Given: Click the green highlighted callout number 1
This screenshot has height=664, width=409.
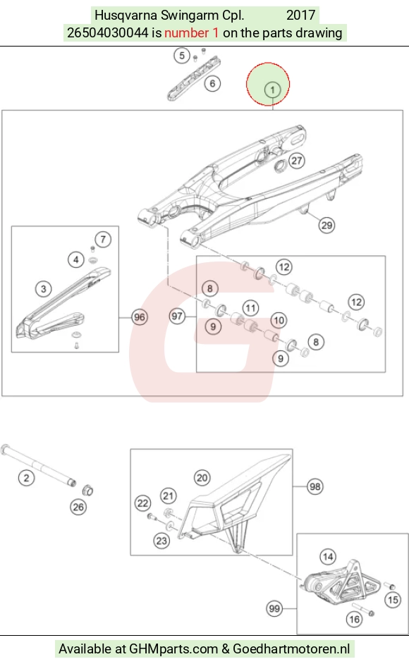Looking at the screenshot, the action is tap(272, 90).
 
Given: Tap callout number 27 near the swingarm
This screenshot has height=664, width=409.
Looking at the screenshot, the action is tap(297, 161).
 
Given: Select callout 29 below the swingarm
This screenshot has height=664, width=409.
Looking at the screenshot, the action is tap(326, 225).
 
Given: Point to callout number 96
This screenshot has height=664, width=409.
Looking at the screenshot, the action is tap(139, 316).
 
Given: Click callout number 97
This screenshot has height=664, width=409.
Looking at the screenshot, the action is tap(177, 316).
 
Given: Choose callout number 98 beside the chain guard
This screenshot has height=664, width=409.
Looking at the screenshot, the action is tap(315, 486).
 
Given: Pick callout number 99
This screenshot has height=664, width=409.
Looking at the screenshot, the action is tap(274, 608).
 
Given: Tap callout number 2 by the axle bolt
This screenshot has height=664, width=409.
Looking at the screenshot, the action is tap(26, 478).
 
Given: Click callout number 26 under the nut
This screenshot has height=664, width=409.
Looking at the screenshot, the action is tap(78, 507).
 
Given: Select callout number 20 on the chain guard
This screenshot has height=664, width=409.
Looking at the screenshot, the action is tap(202, 478).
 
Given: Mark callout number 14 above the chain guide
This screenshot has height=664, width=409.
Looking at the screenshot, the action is tap(328, 556).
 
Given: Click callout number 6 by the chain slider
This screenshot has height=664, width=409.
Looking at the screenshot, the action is tap(212, 83).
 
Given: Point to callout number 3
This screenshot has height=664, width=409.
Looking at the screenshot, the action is tap(43, 289).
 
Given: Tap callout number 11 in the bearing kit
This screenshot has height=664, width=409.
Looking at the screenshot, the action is tap(250, 308).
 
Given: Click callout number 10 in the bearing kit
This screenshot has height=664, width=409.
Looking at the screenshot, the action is tap(279, 320).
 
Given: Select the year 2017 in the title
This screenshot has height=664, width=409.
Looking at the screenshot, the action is tap(301, 16).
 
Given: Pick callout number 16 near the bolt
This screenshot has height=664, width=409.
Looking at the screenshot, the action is tap(354, 620).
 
